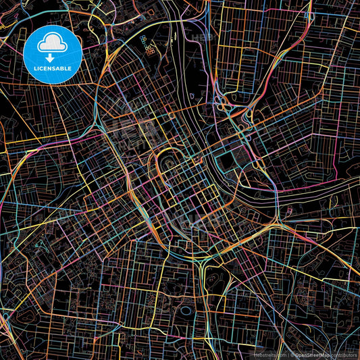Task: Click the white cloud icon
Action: click(x=53, y=44)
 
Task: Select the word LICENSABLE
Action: click(x=53, y=68)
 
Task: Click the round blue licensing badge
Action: click(x=53, y=54)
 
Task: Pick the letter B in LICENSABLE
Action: click(x=65, y=68)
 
